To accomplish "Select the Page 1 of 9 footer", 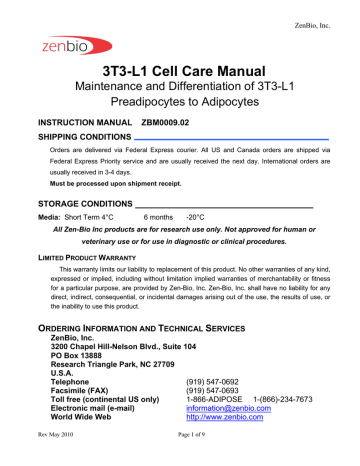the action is point(180,457).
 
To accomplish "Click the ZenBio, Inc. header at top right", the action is point(324,9).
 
